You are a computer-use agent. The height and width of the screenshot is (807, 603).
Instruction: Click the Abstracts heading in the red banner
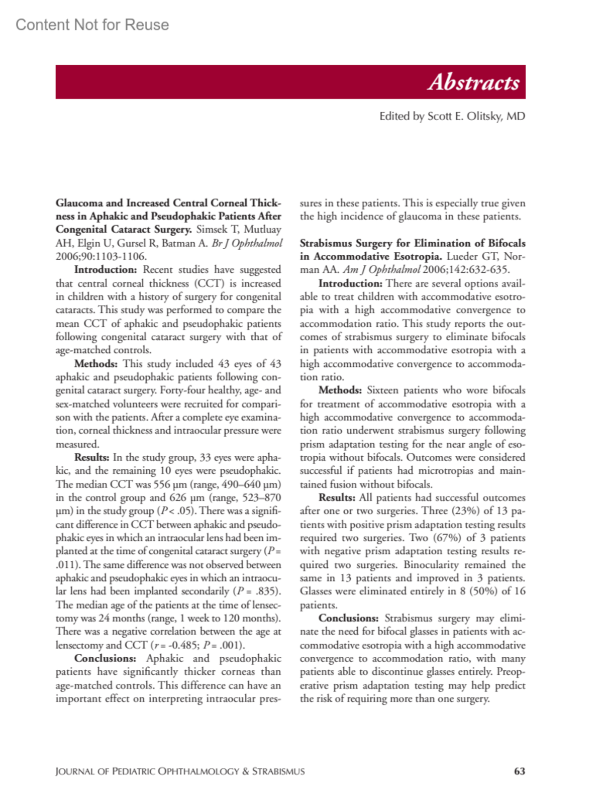pyautogui.click(x=473, y=82)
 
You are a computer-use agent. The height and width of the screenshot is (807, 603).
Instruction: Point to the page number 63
pyautogui.click(x=520, y=771)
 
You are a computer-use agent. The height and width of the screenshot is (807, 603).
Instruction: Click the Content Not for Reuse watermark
pyautogui.click(x=92, y=25)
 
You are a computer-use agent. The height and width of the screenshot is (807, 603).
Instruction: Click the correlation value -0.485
pyautogui.click(x=182, y=645)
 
